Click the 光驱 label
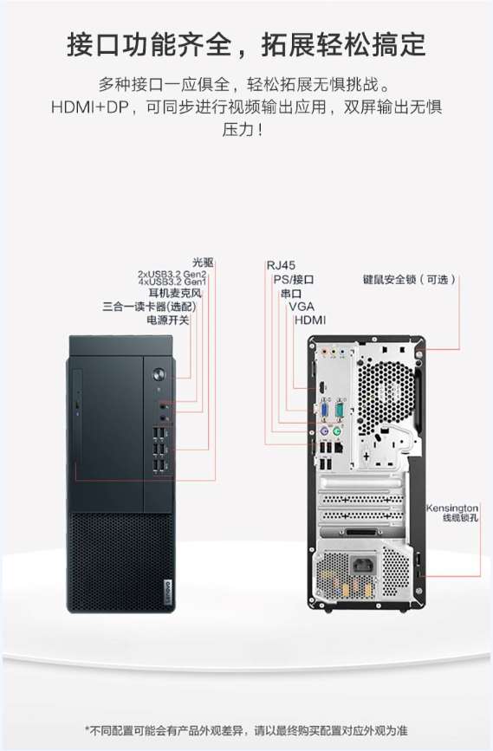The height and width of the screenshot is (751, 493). pos(203,262)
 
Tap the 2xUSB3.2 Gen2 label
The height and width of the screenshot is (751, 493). pos(172,274)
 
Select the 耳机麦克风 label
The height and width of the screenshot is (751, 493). pos(174,293)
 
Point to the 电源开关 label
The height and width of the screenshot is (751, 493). pos(168,320)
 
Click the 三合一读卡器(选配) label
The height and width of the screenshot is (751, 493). pos(149,306)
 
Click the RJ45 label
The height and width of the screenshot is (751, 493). pos(281,265)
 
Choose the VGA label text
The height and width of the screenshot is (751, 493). pos(302,307)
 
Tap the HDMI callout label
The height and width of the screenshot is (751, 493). pos(310,320)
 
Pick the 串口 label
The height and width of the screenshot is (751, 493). pos(291,293)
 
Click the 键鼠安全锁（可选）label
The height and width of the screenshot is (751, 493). pos(409,279)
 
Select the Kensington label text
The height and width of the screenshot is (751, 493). pos(451,508)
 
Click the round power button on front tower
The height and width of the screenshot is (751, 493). pos(159,374)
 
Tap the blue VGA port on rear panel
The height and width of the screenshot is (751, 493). pos(324,411)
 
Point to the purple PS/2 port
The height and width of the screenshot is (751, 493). pos(324,431)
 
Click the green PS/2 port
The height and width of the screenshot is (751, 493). pos(337,431)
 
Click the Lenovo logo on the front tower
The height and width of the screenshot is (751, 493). pos(168,592)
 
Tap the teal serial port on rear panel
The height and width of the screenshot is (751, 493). pos(340,410)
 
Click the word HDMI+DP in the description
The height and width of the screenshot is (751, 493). pos(90,107)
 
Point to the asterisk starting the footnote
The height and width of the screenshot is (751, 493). pos(88,729)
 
